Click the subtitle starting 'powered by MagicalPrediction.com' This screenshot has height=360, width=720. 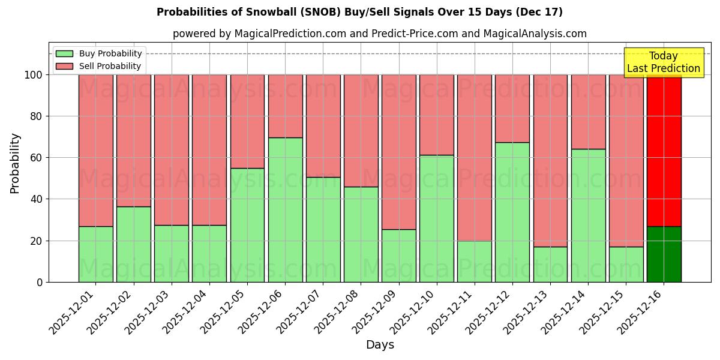click(x=379, y=34)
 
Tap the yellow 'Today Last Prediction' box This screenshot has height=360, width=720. click(x=663, y=62)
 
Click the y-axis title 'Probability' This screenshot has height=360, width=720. click(x=15, y=163)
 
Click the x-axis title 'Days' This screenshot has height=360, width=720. click(x=380, y=345)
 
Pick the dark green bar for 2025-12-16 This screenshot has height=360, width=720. click(x=664, y=254)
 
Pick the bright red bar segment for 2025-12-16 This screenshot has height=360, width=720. click(x=664, y=150)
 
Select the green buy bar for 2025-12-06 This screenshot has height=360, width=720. click(x=285, y=210)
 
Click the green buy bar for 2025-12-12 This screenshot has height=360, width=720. click(x=512, y=212)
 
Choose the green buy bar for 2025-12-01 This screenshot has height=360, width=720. click(x=95, y=254)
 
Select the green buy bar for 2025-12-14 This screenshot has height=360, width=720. click(x=588, y=215)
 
